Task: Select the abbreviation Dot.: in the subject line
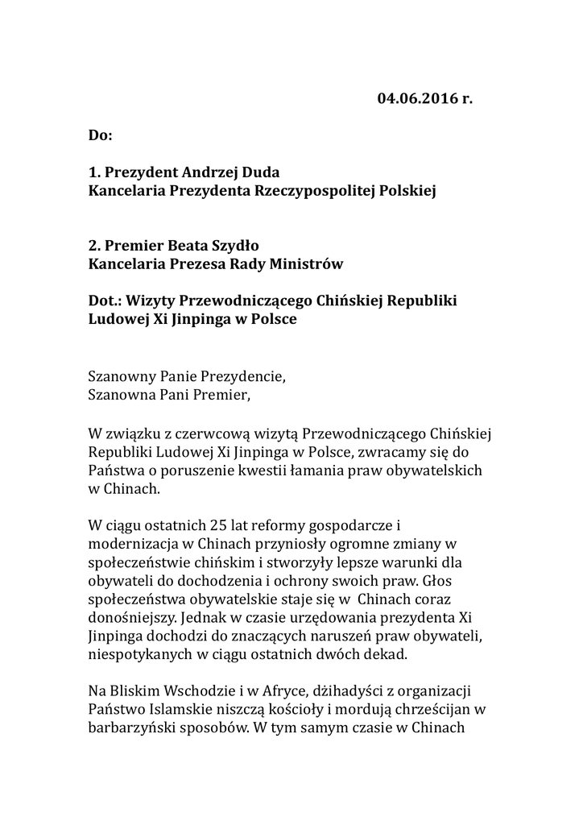106,301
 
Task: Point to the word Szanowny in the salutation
122,375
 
